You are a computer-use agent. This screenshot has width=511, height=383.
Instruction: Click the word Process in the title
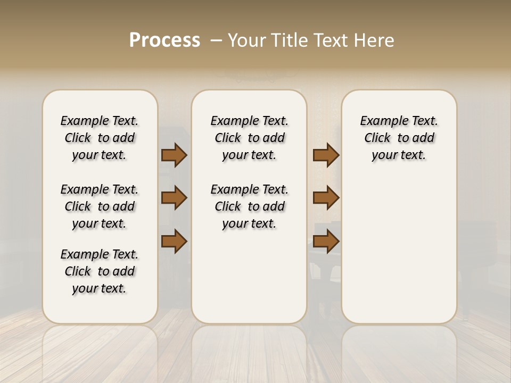164,40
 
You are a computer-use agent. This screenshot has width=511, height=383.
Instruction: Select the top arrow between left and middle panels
174,155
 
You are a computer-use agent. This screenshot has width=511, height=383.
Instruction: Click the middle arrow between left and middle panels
174,198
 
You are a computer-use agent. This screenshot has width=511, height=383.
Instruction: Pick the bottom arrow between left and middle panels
174,242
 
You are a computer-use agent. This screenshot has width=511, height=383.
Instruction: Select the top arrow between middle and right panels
326,155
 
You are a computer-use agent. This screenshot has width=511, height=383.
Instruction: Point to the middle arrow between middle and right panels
326,198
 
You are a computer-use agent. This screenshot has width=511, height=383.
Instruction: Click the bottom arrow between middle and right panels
326,242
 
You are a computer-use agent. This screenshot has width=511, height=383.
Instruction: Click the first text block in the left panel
100,138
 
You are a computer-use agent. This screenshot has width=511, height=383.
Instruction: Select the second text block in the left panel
100,206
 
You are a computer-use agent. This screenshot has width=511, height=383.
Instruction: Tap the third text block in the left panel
100,271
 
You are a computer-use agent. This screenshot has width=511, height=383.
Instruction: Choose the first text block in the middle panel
249,138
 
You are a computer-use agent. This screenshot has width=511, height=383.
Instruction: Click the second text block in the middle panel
249,206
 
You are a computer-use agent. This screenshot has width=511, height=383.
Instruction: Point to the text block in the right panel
399,138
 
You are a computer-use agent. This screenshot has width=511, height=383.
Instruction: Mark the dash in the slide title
216,40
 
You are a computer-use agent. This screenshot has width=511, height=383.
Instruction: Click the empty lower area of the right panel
399,255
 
